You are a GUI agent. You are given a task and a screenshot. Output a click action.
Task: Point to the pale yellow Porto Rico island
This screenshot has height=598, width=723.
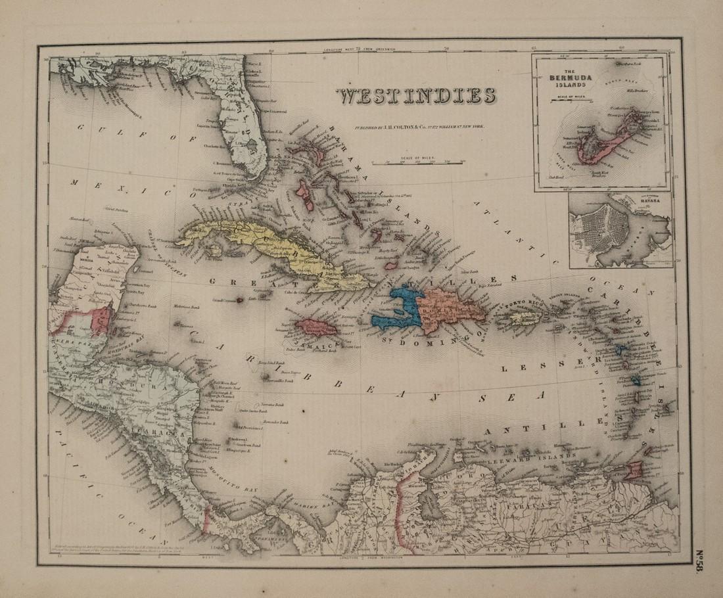[x=525, y=318]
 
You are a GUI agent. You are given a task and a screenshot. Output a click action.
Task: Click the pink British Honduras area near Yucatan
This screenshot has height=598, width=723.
[x=102, y=319]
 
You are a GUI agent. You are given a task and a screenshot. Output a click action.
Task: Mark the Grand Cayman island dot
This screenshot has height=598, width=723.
[x=241, y=300]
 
